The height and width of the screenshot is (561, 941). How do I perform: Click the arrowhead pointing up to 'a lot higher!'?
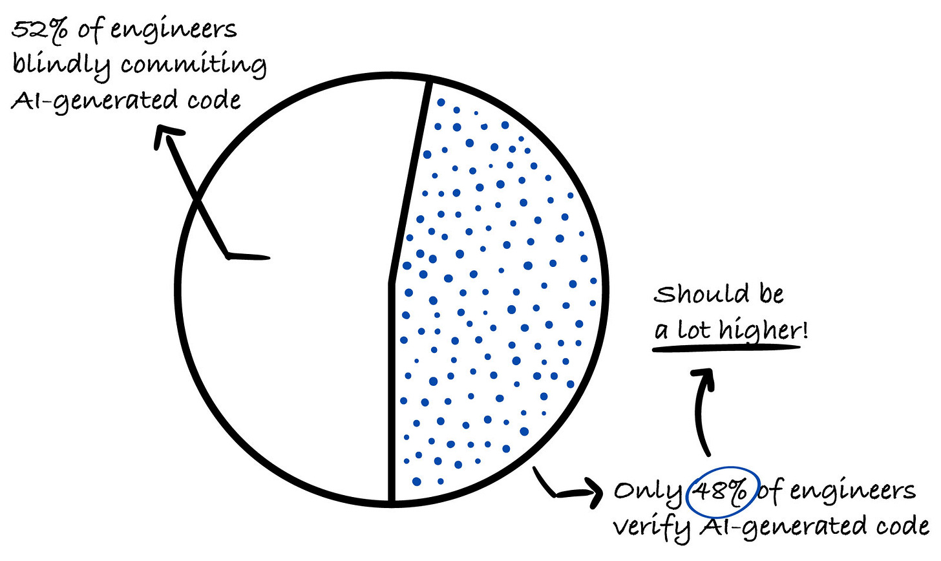[x=703, y=378]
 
